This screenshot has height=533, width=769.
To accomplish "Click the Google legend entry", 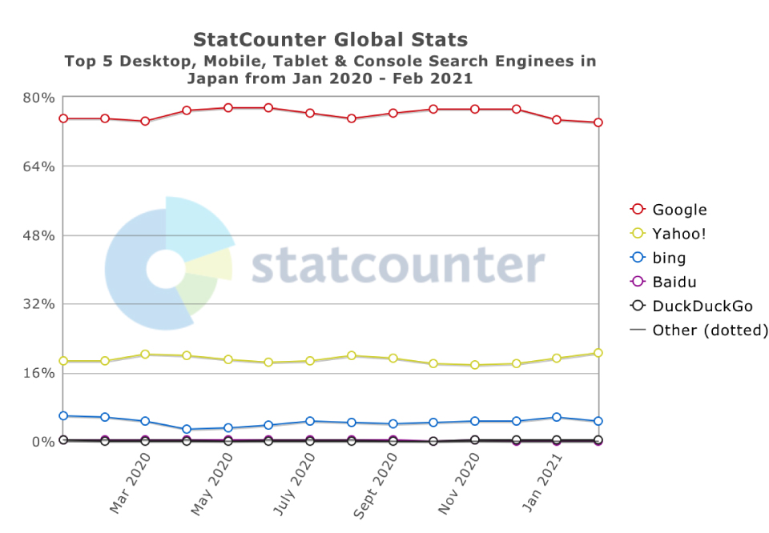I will click(x=679, y=210).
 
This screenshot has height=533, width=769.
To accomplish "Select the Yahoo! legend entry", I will click(x=678, y=234).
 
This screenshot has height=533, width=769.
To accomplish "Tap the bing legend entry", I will click(x=669, y=258).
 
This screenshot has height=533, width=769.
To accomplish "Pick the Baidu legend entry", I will click(x=674, y=282).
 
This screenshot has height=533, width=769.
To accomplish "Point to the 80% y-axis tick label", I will click(x=38, y=98).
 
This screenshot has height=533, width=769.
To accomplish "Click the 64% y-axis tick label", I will click(x=38, y=166).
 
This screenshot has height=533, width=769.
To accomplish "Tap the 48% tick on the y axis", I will click(x=38, y=235).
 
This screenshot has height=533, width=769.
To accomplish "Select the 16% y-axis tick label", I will click(x=38, y=373).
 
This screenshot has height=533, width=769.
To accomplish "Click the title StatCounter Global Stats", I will click(x=330, y=39).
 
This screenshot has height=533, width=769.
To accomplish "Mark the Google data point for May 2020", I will click(x=227, y=108).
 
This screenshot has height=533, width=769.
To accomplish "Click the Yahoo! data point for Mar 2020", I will click(x=145, y=354).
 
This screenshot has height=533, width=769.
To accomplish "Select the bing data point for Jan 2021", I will click(x=557, y=417).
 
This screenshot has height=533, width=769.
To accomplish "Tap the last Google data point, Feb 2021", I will click(x=598, y=122).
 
